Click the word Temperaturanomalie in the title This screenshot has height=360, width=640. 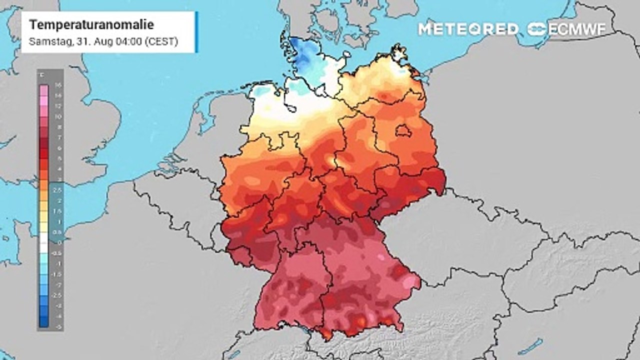[91, 24]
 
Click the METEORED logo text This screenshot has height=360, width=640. [468, 29]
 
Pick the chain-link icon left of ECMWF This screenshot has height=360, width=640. [537, 29]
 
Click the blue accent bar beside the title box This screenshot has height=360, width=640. [196, 32]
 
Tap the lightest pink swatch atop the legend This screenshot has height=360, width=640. [44, 89]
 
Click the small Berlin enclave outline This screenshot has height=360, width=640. [403, 131]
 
